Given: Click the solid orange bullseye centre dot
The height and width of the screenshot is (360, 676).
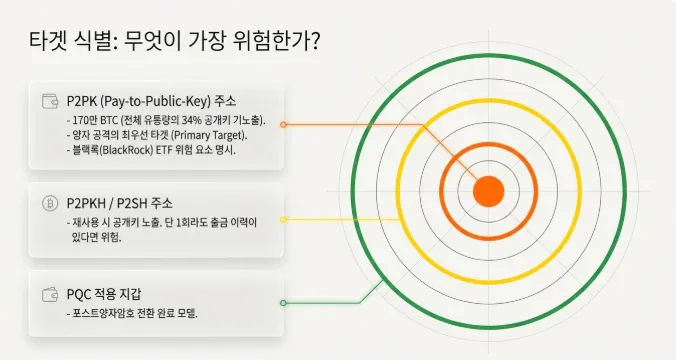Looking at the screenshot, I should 488,189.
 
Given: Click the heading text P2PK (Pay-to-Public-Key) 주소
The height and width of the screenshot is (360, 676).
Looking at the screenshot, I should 151,101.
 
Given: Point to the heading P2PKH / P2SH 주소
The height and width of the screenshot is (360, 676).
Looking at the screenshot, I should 119,203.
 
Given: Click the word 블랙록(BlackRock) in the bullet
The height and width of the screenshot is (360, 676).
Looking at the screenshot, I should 118,149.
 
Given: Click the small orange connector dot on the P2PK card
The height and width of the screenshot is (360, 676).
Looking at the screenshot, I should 284,125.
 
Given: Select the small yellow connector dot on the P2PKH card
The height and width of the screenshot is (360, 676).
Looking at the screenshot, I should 284,218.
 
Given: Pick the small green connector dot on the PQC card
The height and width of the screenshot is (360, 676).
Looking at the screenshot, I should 284,302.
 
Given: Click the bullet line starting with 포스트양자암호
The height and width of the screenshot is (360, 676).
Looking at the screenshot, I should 134,313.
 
